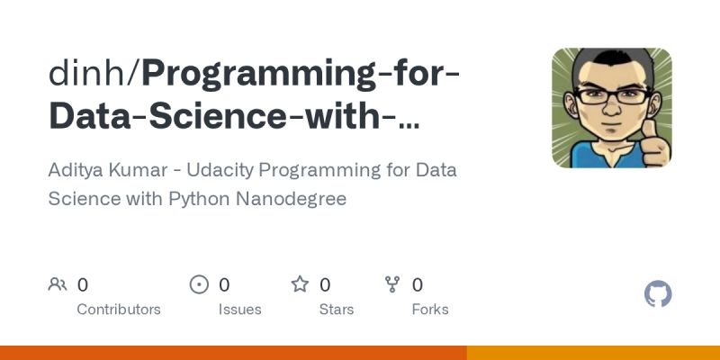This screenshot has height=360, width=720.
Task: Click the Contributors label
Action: (119, 309)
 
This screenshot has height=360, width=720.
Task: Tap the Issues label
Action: (239, 309)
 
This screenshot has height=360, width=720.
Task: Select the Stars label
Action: (337, 309)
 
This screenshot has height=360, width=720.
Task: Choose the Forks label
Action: (430, 309)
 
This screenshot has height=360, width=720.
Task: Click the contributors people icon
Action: (58, 284)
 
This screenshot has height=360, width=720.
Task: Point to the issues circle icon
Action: (199, 284)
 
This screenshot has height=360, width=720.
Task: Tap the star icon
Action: (300, 284)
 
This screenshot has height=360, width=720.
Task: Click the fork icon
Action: (392, 284)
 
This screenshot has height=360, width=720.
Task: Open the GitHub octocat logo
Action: (659, 294)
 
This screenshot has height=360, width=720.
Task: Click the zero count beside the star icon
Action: (325, 284)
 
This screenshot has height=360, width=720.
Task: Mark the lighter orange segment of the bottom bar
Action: (593, 353)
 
